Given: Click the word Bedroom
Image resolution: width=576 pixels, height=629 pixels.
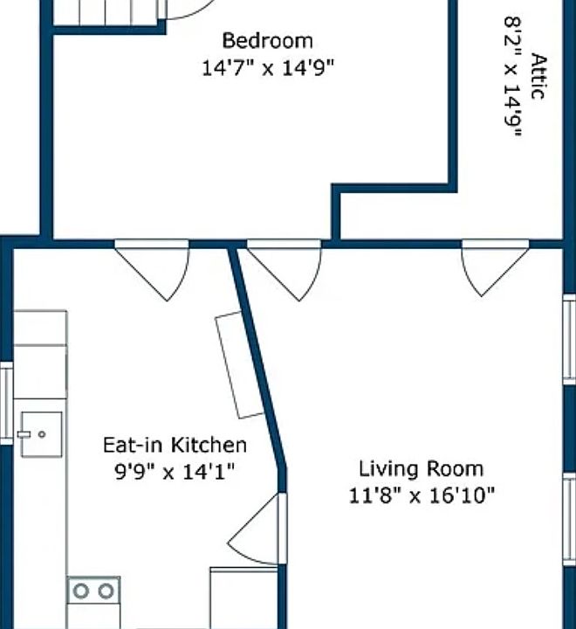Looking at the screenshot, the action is point(267,40).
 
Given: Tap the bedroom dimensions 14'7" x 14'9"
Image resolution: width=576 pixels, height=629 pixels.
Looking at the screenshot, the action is point(267,67).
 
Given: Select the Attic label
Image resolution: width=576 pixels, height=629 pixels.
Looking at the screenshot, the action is point(538,76).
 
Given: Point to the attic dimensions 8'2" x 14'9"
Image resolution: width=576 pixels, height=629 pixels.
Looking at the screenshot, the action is point(513,77).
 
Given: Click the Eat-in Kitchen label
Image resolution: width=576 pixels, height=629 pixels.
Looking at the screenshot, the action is point(175,445).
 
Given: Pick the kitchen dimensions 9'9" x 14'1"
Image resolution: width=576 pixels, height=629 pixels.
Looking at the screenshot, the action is point(175,472).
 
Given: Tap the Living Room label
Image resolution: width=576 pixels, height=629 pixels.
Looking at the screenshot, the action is point(421,469).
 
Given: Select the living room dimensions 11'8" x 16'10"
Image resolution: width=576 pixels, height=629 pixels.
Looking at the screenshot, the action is point(422,495).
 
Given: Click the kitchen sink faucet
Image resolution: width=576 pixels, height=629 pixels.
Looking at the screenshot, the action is point(24,434).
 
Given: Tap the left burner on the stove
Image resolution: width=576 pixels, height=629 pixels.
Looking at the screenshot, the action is point(81,591).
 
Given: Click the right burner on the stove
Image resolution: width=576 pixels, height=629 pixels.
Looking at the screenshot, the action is point(106,591).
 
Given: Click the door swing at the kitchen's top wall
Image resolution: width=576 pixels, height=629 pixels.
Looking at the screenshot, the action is point(152,270).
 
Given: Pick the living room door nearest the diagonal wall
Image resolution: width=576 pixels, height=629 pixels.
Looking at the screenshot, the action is point(285,270).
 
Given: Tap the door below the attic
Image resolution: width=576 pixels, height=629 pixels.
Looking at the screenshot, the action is point(496,267).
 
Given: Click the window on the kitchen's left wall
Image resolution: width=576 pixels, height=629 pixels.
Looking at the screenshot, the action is point(6,403).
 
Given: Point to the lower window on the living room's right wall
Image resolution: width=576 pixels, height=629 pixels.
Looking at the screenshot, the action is point(570,520).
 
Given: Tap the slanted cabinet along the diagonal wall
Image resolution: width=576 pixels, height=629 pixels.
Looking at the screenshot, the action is point(240,365).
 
